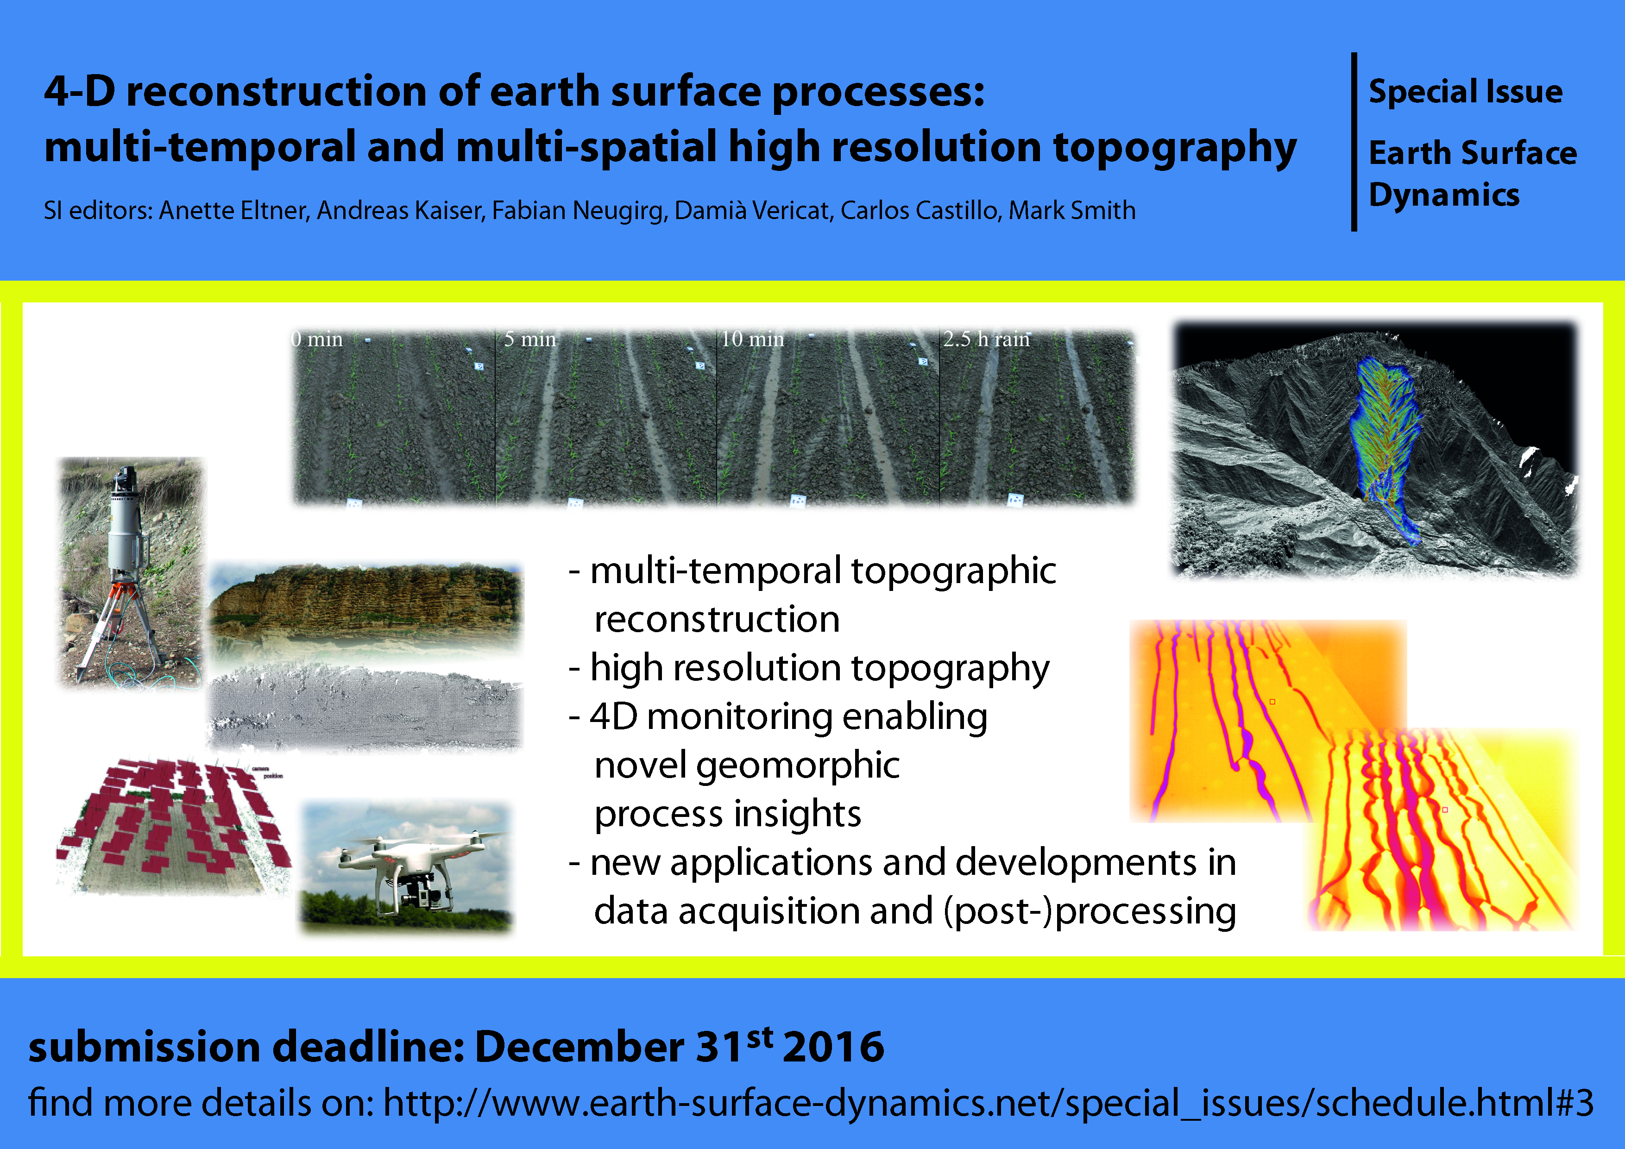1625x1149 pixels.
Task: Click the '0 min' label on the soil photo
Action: click(317, 339)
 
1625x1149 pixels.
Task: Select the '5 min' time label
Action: click(530, 339)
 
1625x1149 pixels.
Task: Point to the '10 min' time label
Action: click(752, 339)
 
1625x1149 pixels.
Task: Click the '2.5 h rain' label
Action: click(986, 339)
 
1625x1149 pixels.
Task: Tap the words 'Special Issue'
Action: click(1466, 92)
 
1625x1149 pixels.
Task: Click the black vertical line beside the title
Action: click(1354, 142)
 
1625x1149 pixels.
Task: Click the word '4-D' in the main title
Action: click(79, 92)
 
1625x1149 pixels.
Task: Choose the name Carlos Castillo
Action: click(919, 210)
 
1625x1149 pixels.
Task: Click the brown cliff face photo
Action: click(365, 602)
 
